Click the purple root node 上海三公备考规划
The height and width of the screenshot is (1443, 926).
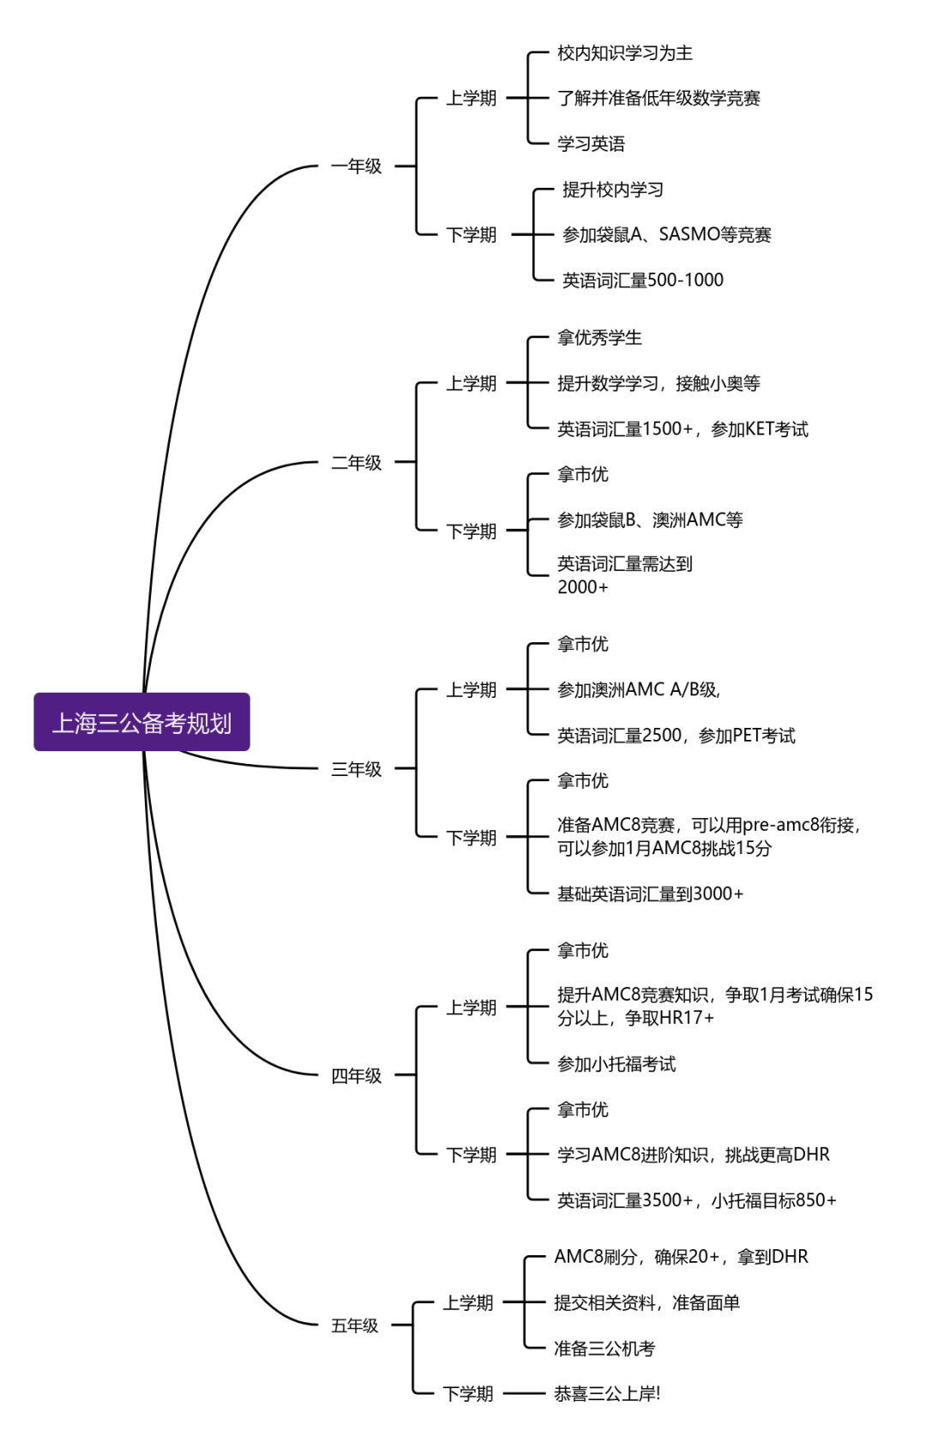141,722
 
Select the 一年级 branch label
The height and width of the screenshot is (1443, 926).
356,166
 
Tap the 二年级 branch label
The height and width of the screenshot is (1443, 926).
356,463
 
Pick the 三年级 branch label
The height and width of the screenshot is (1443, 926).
356,769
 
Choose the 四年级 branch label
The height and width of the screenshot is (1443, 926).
356,1075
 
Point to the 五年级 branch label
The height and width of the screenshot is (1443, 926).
354,1326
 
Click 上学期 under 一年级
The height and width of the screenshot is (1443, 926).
471,99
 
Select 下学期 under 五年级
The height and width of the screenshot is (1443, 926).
467,1394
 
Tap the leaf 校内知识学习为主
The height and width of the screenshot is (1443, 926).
624,53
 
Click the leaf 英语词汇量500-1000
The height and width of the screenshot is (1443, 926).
642,280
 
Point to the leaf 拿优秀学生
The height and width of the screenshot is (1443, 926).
599,338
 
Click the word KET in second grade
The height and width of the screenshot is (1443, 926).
760,429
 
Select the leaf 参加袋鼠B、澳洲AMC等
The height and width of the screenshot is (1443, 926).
650,520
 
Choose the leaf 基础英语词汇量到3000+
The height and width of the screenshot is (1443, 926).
650,893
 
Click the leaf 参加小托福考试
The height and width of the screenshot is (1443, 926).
616,1064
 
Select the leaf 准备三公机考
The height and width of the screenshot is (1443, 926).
604,1349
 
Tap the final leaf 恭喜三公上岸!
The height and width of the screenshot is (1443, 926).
607,1394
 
